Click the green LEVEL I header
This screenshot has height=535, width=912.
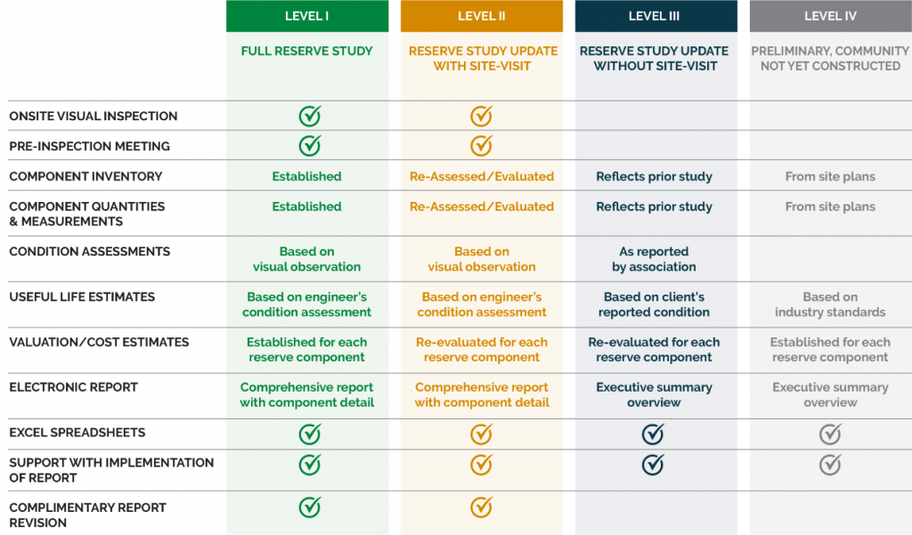point(307,16)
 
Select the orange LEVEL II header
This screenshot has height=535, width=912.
point(482,16)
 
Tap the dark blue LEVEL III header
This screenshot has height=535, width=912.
point(655,16)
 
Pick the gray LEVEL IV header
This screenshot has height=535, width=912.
point(830,16)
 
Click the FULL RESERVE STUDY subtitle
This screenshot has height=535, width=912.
point(307,52)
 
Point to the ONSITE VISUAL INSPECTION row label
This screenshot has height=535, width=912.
point(94,116)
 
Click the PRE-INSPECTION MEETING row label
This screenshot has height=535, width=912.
point(89,146)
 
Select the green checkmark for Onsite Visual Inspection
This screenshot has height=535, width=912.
point(309,116)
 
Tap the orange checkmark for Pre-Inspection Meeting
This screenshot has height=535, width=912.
point(481,145)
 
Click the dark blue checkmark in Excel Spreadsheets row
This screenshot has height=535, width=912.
point(653,434)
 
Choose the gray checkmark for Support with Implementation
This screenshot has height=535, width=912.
point(830,464)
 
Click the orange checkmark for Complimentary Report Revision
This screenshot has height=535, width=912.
point(481,507)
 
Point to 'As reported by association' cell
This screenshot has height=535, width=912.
point(654,259)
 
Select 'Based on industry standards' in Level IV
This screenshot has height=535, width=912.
point(830,304)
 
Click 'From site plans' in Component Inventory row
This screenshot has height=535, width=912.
point(830,176)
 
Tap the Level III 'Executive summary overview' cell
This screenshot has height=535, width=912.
point(654,394)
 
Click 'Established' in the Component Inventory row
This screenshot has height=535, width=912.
point(307,176)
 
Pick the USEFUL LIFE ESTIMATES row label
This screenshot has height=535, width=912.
point(82,296)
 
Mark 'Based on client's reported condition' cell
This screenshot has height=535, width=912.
point(654,304)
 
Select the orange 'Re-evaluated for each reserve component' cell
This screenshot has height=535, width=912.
point(482,350)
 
